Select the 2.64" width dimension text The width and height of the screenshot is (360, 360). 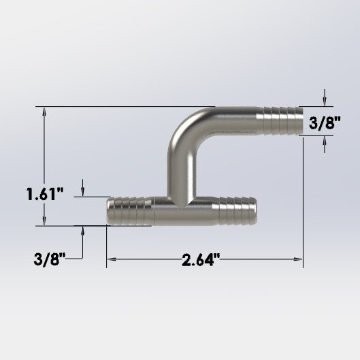[201, 260]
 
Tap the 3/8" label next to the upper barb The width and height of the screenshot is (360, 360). [325, 122]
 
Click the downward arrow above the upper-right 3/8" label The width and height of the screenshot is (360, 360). [324, 101]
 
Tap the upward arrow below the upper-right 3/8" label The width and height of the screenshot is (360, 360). [324, 141]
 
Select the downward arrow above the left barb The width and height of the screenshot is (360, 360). [83, 192]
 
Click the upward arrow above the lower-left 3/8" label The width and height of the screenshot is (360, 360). [83, 231]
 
